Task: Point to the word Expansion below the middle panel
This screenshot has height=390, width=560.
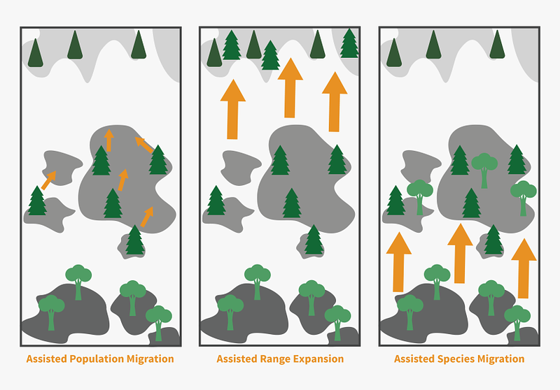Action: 319,359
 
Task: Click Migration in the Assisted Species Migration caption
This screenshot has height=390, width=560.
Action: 499,359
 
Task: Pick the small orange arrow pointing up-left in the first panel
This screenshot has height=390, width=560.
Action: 144,145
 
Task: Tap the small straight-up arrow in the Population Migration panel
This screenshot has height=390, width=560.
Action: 108,140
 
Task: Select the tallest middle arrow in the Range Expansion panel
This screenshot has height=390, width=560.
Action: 290,87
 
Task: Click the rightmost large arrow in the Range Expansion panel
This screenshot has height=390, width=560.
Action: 335,100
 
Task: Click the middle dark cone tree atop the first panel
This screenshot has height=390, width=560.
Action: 74,45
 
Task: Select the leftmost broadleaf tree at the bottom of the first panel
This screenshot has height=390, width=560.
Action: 50,310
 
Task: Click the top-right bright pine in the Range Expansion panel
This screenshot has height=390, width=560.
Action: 349,43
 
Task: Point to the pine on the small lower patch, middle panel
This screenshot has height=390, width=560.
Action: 314,240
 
